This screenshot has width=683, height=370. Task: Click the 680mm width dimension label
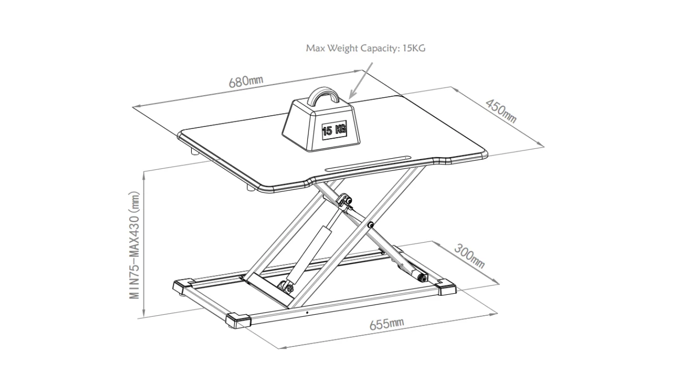click(246, 80)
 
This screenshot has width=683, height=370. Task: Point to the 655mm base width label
click(386, 323)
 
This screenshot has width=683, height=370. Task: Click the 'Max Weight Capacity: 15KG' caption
click(366, 49)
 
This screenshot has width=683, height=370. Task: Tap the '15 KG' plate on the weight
click(334, 128)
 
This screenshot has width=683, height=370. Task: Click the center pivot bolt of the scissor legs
click(370, 225)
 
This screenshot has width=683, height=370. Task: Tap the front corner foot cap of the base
click(239, 320)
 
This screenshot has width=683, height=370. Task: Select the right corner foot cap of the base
click(446, 288)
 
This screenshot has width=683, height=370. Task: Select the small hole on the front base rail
click(306, 312)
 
